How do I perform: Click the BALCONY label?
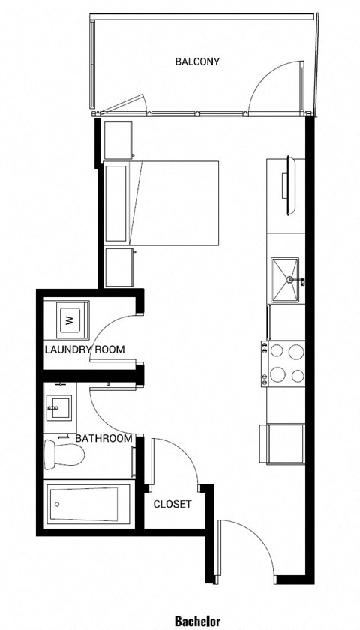[x=197, y=61]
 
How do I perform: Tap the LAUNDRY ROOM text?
[x=84, y=349]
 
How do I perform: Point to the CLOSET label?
[x=172, y=505]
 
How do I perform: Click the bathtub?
[x=85, y=505]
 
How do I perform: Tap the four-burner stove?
[x=284, y=363]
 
